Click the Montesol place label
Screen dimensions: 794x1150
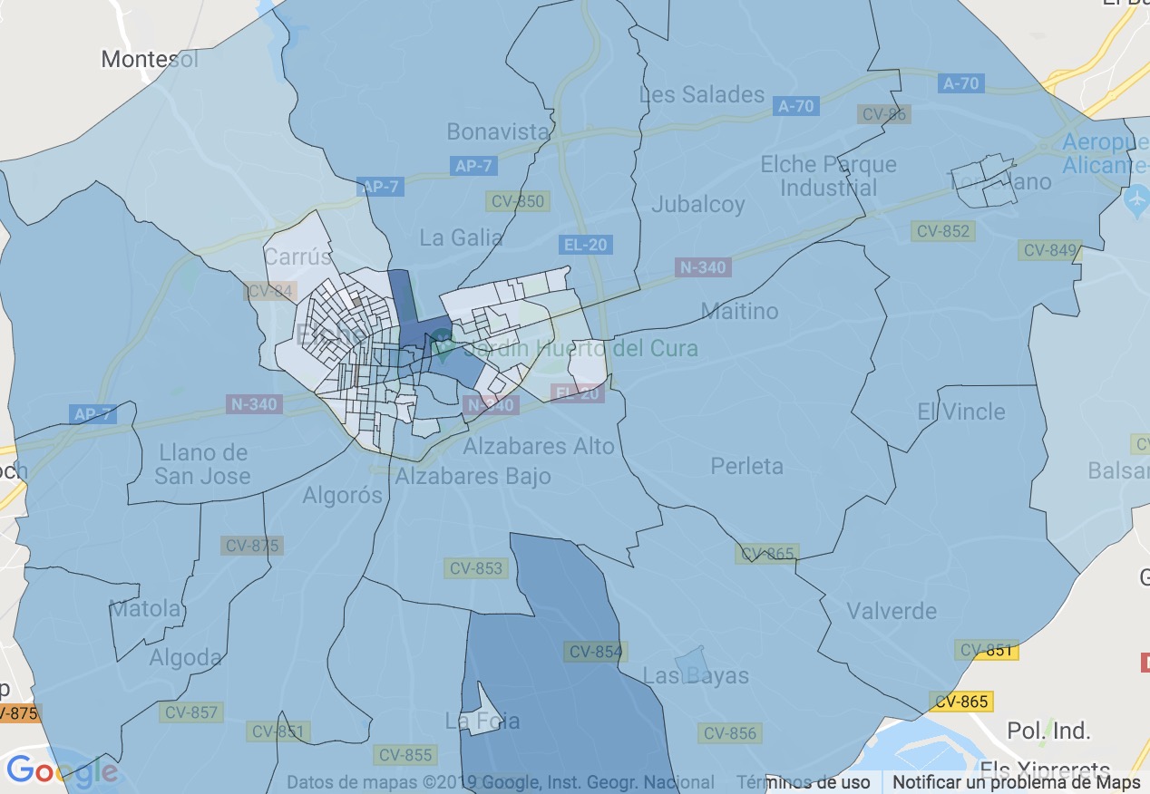[149, 60]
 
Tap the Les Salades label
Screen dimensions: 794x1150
[702, 94]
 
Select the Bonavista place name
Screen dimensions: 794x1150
[498, 131]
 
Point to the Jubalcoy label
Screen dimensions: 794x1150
[697, 204]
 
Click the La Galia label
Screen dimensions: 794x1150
[461, 237]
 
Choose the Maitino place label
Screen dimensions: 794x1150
[739, 311]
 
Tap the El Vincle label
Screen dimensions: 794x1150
[961, 412]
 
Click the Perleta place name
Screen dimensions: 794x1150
[746, 466]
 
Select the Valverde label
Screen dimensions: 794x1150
[892, 611]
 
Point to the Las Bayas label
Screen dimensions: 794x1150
[696, 675]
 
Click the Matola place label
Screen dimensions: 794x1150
[145, 608]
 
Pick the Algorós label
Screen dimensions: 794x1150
[343, 495]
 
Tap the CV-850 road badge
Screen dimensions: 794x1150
[517, 200]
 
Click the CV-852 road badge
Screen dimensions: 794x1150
[943, 231]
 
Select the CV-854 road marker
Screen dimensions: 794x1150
[595, 652]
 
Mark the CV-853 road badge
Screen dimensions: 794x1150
[474, 568]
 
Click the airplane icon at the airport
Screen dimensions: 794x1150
[1135, 198]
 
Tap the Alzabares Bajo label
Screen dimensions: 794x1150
[473, 476]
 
